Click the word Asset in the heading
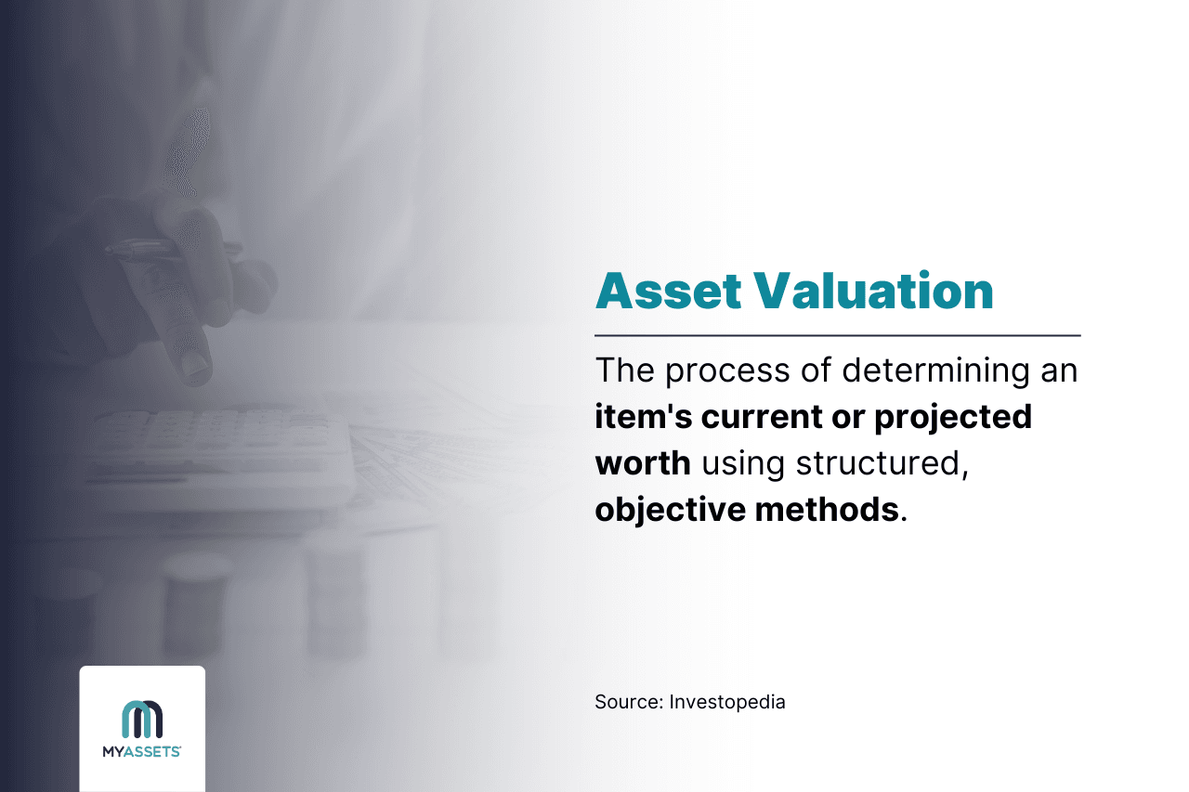coord(667,292)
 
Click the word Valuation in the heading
coord(873,292)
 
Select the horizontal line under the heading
coord(837,335)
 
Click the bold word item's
coord(643,417)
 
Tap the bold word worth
coord(643,462)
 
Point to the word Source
coord(627,702)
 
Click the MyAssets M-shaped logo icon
coord(142,720)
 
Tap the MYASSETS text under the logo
coord(141,752)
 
